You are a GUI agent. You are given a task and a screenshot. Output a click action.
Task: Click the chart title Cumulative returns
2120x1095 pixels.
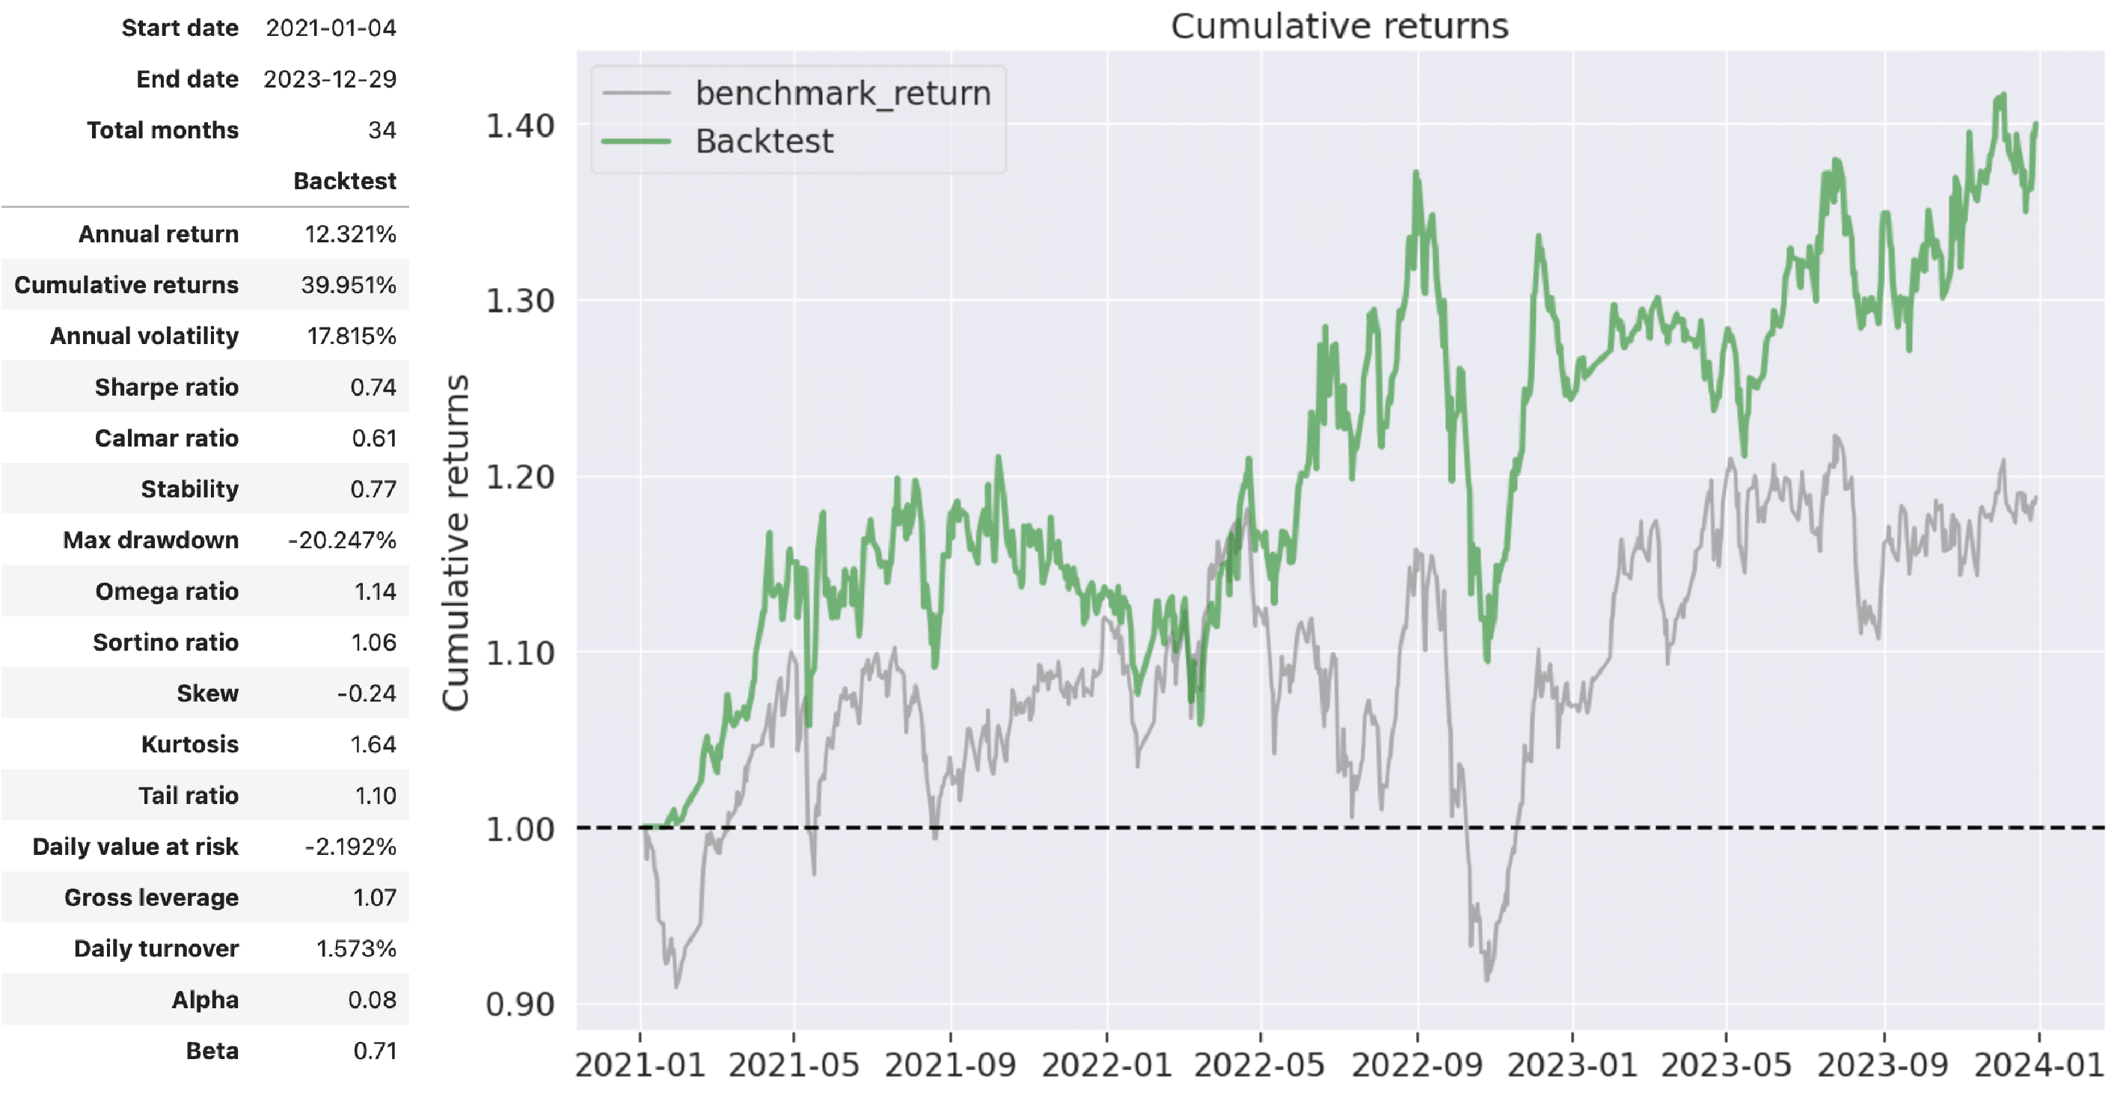pos(1339,26)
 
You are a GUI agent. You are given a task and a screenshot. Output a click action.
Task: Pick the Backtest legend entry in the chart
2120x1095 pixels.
pos(764,141)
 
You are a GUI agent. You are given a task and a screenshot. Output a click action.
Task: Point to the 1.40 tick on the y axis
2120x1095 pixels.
pos(520,126)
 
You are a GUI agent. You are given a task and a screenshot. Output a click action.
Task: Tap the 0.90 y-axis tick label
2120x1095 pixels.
pos(520,1004)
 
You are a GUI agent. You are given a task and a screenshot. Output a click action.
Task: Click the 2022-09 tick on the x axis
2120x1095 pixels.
pos(1416,1065)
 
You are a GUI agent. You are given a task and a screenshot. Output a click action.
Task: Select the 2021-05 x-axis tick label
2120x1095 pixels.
pos(794,1065)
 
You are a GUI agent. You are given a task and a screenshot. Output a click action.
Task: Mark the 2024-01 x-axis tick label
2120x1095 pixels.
pos(2038,1065)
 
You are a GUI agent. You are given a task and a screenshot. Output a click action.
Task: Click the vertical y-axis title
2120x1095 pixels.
pos(455,543)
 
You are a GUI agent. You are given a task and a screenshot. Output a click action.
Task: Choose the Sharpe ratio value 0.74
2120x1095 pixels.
pos(373,387)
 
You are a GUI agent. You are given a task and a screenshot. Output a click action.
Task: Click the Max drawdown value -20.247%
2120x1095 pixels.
pos(342,541)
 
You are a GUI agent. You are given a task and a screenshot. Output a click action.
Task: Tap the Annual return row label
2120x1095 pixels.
pos(159,234)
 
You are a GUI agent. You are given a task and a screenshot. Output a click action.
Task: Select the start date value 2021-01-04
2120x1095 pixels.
pos(331,28)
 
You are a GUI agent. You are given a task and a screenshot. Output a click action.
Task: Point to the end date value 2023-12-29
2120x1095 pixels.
pos(329,79)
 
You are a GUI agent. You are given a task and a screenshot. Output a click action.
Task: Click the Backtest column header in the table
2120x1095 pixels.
pos(345,181)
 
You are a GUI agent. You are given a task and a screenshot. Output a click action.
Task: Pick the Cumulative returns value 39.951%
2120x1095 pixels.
pos(348,286)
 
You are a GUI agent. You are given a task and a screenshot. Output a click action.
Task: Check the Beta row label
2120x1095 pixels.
pos(212,1052)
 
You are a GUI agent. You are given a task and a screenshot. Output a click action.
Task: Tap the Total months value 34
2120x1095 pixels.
pos(382,130)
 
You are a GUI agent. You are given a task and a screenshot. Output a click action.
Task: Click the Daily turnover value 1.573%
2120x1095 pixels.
pos(355,949)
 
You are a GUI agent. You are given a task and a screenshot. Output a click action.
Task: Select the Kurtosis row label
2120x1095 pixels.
pos(189,744)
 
